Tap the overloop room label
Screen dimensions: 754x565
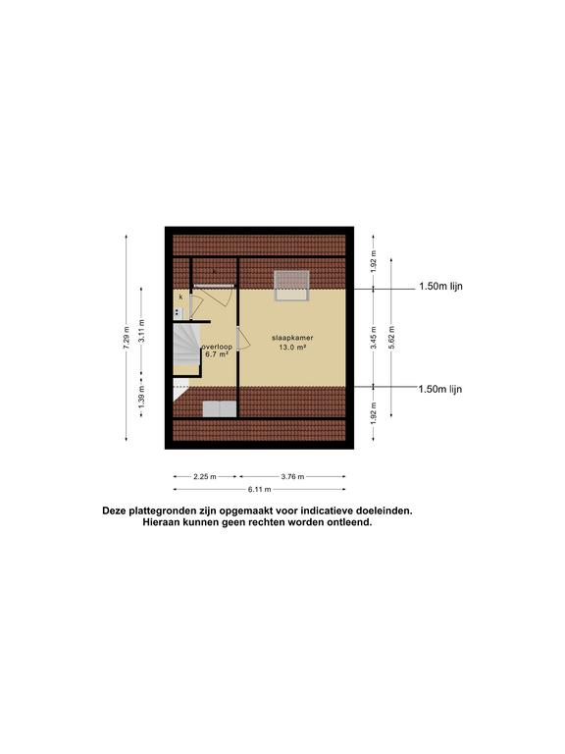tap(217, 347)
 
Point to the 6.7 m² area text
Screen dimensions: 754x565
tap(217, 355)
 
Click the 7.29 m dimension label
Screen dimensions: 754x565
tap(126, 337)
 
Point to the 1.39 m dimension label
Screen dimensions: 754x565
tap(142, 398)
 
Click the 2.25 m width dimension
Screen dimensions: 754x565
tap(205, 477)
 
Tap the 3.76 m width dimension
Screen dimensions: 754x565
tap(291, 477)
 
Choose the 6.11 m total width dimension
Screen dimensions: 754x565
tap(259, 489)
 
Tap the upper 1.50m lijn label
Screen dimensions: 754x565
tap(439, 288)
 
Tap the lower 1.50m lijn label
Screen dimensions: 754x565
tap(439, 389)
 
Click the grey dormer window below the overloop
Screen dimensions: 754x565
tap(218, 408)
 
